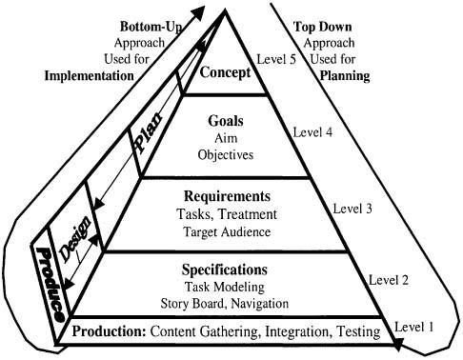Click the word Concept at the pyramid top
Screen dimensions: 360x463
coord(225,71)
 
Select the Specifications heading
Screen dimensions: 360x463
coord(227,270)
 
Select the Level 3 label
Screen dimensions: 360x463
coord(352,207)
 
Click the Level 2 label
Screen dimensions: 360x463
coord(390,282)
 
